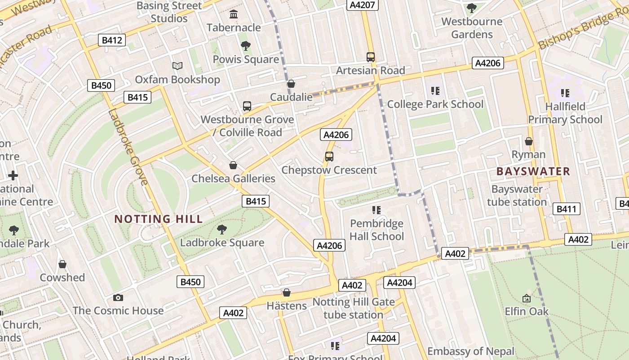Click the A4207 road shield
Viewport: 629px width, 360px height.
coord(362,5)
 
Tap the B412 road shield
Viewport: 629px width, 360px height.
coord(112,40)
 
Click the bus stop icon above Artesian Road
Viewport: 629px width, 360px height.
coord(370,57)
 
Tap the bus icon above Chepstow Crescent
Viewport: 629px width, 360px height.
coord(329,157)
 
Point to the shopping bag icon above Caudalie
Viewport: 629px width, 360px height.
coord(291,84)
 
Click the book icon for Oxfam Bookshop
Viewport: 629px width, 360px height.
coord(177,66)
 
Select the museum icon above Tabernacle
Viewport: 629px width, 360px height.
coord(234,14)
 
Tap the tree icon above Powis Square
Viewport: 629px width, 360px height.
coord(245,45)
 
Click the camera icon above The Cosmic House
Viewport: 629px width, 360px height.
coord(118,297)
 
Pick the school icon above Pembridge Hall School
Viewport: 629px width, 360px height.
coord(377,210)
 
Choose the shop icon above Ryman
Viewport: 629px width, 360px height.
coord(529,141)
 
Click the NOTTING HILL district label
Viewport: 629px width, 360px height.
coord(159,219)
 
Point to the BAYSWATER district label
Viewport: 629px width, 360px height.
coord(533,171)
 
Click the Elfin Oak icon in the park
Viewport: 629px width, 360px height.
coord(527,298)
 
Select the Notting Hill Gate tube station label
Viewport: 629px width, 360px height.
coord(354,308)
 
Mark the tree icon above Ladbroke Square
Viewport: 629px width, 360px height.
coord(221,229)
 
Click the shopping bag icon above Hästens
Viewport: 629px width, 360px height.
coord(287,293)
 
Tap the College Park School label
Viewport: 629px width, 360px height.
coord(435,104)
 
